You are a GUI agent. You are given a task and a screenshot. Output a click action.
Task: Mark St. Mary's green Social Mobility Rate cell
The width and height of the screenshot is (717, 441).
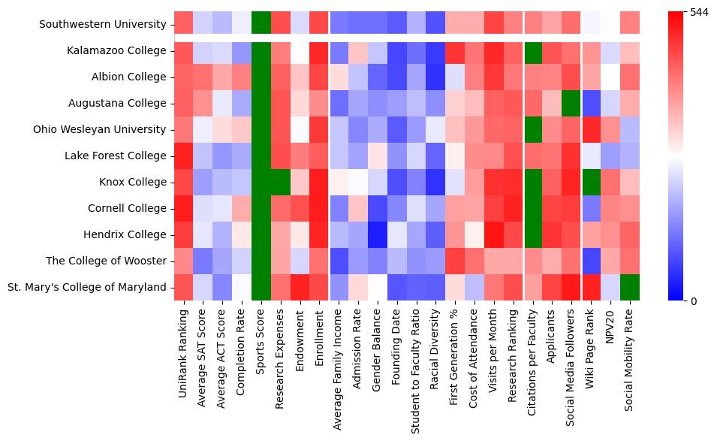pyautogui.click(x=630, y=287)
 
